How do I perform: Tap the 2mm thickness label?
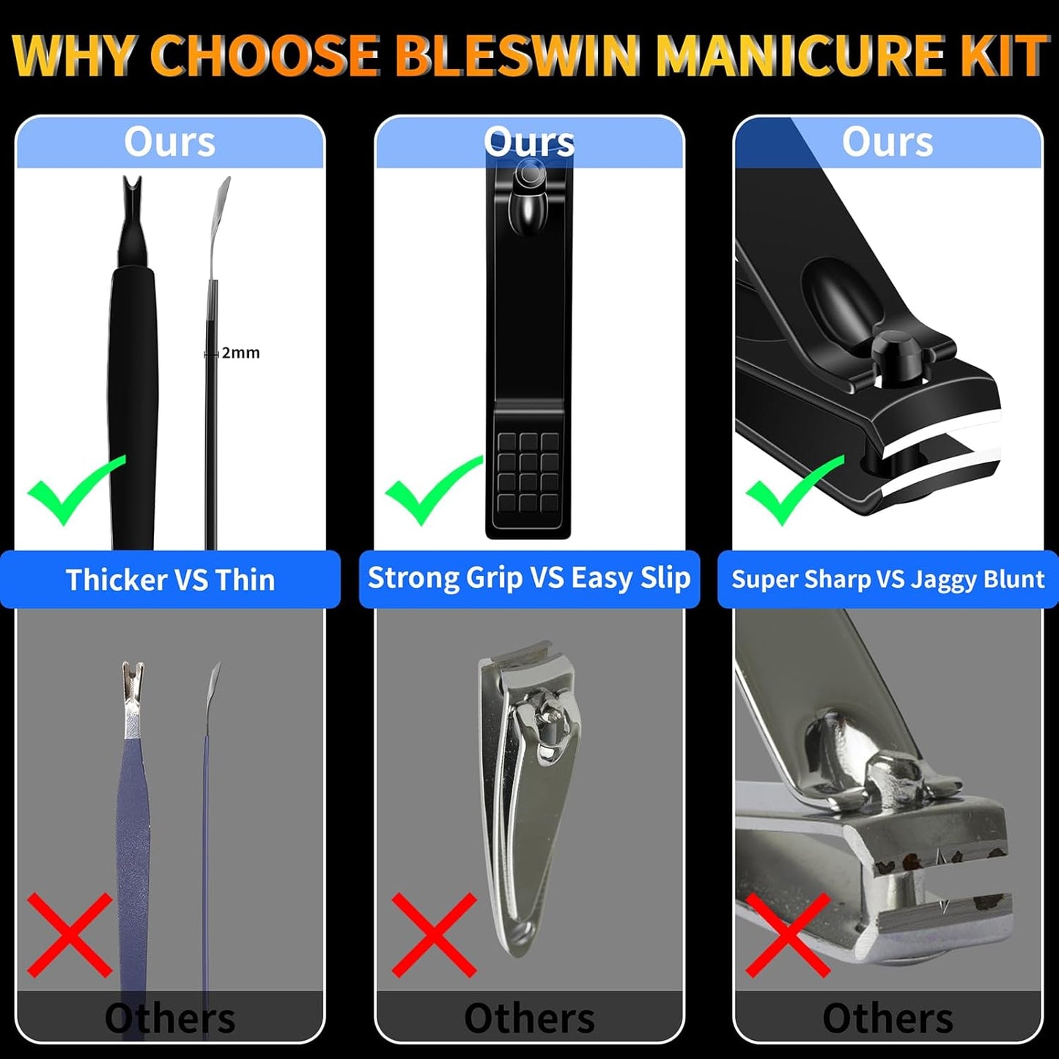[240, 353]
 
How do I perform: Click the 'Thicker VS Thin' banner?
[170, 580]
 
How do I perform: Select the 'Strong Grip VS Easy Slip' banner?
[529, 578]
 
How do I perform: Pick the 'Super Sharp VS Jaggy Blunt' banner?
[888, 580]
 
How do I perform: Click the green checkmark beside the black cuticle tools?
[73, 490]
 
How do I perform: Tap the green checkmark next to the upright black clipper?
[432, 490]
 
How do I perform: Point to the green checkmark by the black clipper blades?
[793, 490]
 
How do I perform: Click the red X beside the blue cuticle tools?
[70, 934]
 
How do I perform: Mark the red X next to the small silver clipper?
[434, 934]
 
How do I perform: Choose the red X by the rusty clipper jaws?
[788, 934]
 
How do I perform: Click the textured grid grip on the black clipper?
[528, 471]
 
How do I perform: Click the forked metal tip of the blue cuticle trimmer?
[133, 678]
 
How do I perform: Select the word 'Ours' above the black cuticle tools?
[169, 141]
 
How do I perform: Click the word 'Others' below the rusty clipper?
[888, 1018]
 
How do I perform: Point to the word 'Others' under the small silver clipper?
[529, 1018]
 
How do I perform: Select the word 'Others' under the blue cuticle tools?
[170, 1018]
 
